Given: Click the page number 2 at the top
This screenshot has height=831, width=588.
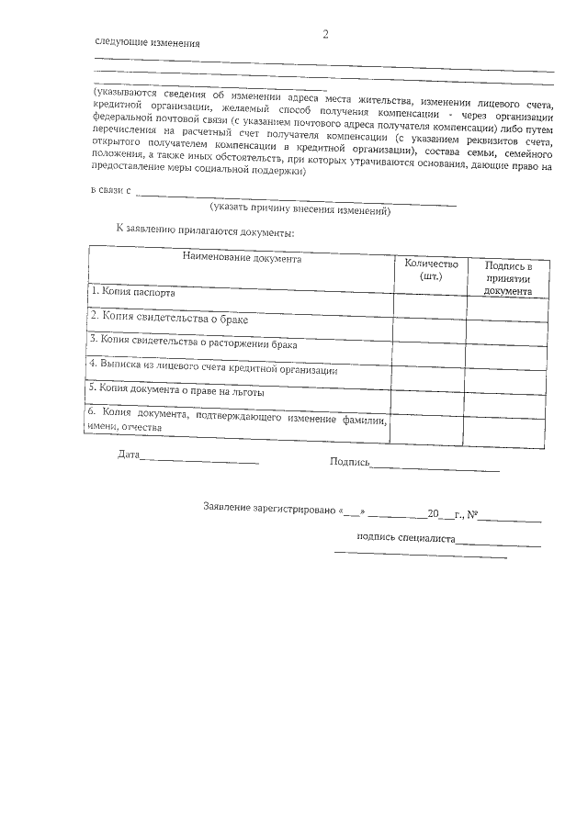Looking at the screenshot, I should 324,35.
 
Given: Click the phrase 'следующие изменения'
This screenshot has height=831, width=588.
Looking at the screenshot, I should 147,44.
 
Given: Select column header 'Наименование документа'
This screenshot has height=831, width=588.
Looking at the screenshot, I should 242,259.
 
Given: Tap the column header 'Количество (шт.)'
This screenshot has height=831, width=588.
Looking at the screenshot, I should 430,269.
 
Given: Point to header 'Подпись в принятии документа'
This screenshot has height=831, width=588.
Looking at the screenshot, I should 508,278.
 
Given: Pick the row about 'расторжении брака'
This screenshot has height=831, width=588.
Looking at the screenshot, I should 193,341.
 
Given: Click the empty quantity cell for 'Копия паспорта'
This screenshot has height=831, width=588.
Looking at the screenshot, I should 429,305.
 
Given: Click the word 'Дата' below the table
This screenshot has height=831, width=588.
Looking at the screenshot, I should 129,455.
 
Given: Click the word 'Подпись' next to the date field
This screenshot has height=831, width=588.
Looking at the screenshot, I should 349,462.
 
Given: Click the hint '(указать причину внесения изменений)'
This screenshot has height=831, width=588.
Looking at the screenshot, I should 300,211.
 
